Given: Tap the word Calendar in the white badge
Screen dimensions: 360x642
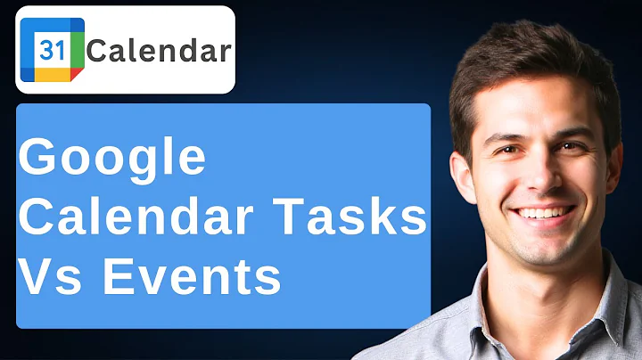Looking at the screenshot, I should [x=158, y=51].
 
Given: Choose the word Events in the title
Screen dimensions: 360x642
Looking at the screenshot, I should [x=192, y=277].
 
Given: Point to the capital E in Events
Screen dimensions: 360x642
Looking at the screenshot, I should [x=117, y=277].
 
